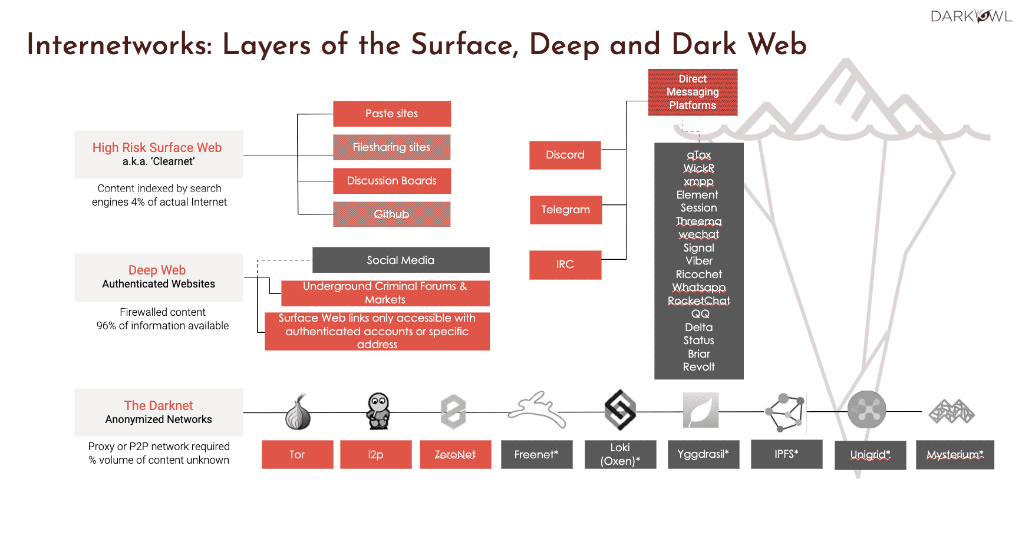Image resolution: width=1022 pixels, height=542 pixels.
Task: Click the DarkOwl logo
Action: pyautogui.click(x=970, y=16)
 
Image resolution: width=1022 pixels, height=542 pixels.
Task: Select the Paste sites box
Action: pyautogui.click(x=392, y=114)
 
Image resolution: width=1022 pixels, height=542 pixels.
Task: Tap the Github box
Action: pyautogui.click(x=391, y=214)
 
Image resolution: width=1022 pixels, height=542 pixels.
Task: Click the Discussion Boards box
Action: pyautogui.click(x=392, y=181)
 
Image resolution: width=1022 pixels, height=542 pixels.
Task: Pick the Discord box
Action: pyautogui.click(x=565, y=155)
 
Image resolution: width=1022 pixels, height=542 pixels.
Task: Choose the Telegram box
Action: pyautogui.click(x=566, y=210)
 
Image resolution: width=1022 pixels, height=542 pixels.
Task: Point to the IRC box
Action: pyautogui.click(x=565, y=265)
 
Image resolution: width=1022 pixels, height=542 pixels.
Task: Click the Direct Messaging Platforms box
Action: pyautogui.click(x=693, y=92)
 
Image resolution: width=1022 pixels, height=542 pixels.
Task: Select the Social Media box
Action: pyautogui.click(x=401, y=260)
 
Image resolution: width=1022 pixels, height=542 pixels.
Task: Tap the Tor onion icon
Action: pyautogui.click(x=298, y=412)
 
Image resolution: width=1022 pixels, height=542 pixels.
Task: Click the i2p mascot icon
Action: pyautogui.click(x=378, y=411)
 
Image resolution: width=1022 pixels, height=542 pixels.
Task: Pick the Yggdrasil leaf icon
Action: pyautogui.click(x=701, y=410)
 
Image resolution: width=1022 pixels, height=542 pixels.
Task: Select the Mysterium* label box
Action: pyautogui.click(x=955, y=455)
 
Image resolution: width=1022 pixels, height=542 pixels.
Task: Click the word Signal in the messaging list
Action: pyautogui.click(x=698, y=248)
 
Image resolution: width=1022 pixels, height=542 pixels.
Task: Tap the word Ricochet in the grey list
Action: pyautogui.click(x=698, y=275)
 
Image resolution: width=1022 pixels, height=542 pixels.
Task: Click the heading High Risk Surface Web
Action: pyautogui.click(x=157, y=148)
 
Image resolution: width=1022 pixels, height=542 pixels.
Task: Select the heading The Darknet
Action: pyautogui.click(x=159, y=405)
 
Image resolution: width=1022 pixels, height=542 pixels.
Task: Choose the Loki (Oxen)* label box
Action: pyautogui.click(x=620, y=454)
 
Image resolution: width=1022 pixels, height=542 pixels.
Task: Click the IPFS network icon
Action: pyautogui.click(x=784, y=412)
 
